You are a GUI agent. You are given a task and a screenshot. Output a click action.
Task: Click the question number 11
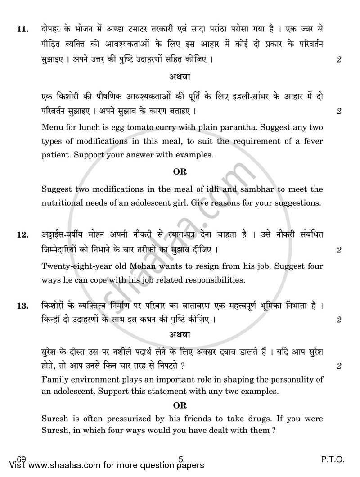click(22, 30)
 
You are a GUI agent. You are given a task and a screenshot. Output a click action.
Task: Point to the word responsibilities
click(203, 280)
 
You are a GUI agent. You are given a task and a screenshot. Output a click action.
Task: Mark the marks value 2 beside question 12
click(338, 250)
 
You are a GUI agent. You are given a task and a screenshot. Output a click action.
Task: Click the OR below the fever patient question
click(180, 171)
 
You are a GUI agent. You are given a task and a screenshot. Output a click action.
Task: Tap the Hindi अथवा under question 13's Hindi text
click(180, 335)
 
